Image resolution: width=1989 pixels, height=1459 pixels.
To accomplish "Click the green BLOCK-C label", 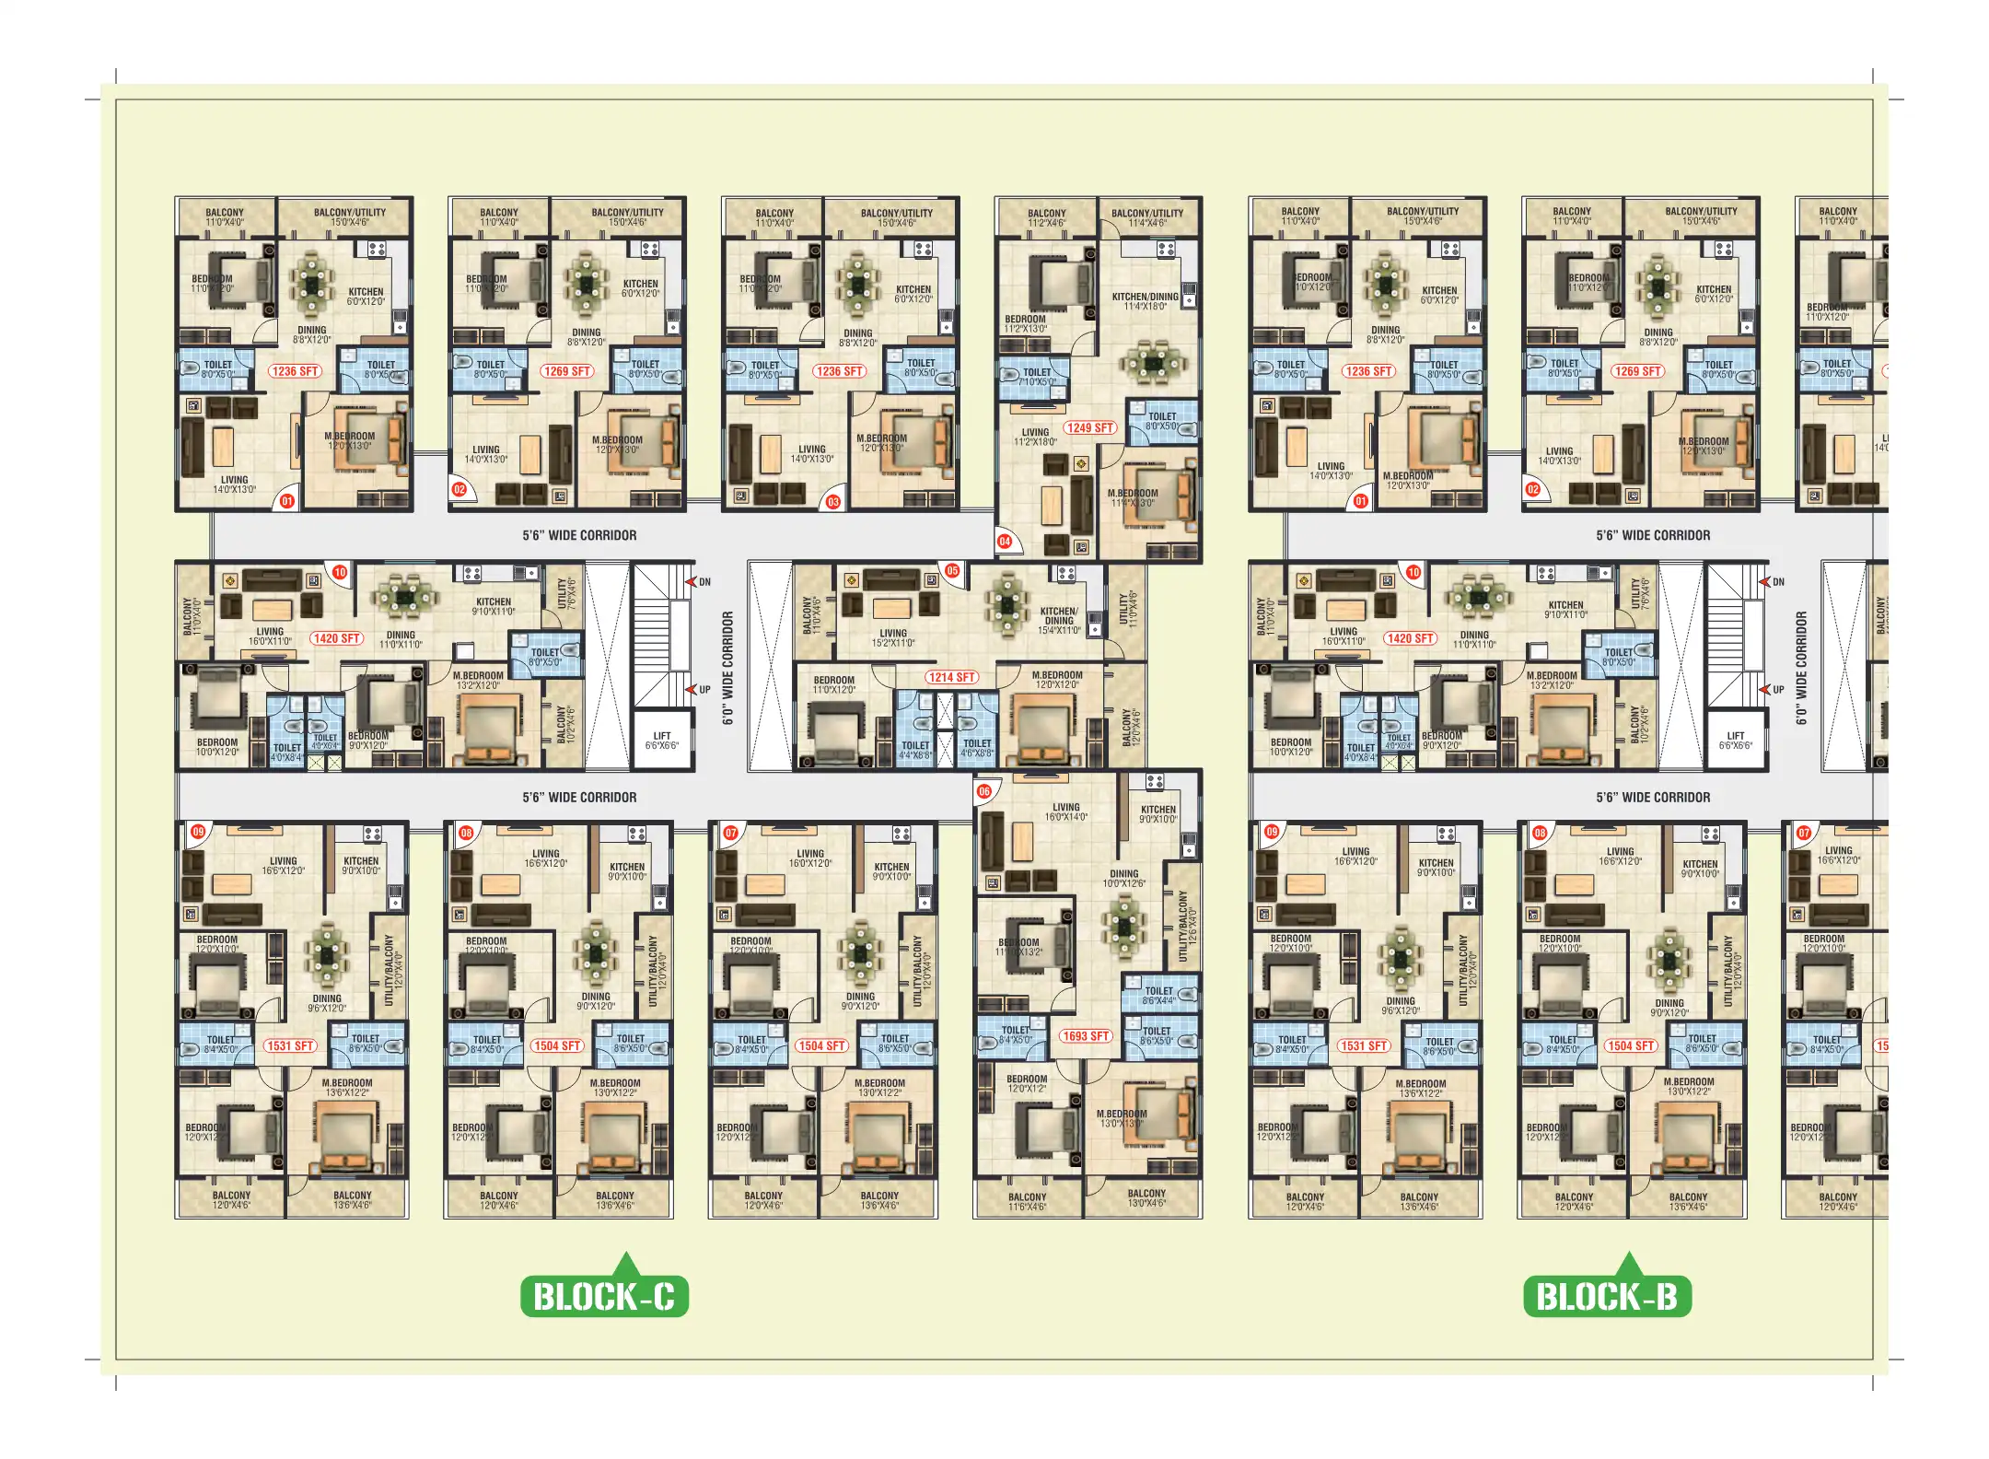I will (604, 1297).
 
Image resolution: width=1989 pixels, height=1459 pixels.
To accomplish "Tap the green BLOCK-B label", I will (1607, 1297).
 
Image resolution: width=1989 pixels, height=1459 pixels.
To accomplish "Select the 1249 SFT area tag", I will (1090, 427).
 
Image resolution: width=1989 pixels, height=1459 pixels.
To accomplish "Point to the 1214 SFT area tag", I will (951, 677).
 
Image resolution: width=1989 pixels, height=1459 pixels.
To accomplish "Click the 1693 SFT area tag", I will (1086, 1036).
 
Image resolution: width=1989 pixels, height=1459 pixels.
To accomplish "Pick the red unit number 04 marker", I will (1005, 542).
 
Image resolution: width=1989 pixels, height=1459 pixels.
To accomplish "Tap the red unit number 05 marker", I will (952, 571).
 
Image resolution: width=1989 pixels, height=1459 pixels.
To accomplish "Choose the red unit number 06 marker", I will (984, 791).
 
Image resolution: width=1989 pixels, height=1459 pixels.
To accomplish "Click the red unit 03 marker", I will (832, 502).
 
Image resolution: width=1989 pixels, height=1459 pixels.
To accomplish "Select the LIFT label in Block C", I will (662, 741).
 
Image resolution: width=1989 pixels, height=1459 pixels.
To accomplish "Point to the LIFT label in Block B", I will (1736, 741).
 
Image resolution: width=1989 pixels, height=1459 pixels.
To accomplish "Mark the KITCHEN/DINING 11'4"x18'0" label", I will (1145, 301).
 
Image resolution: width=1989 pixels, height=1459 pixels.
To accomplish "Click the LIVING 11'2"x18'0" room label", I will (1035, 437).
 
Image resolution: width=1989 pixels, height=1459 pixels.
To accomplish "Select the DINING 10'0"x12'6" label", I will (1123, 878).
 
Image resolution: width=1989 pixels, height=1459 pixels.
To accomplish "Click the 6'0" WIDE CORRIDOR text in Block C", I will (727, 668).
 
